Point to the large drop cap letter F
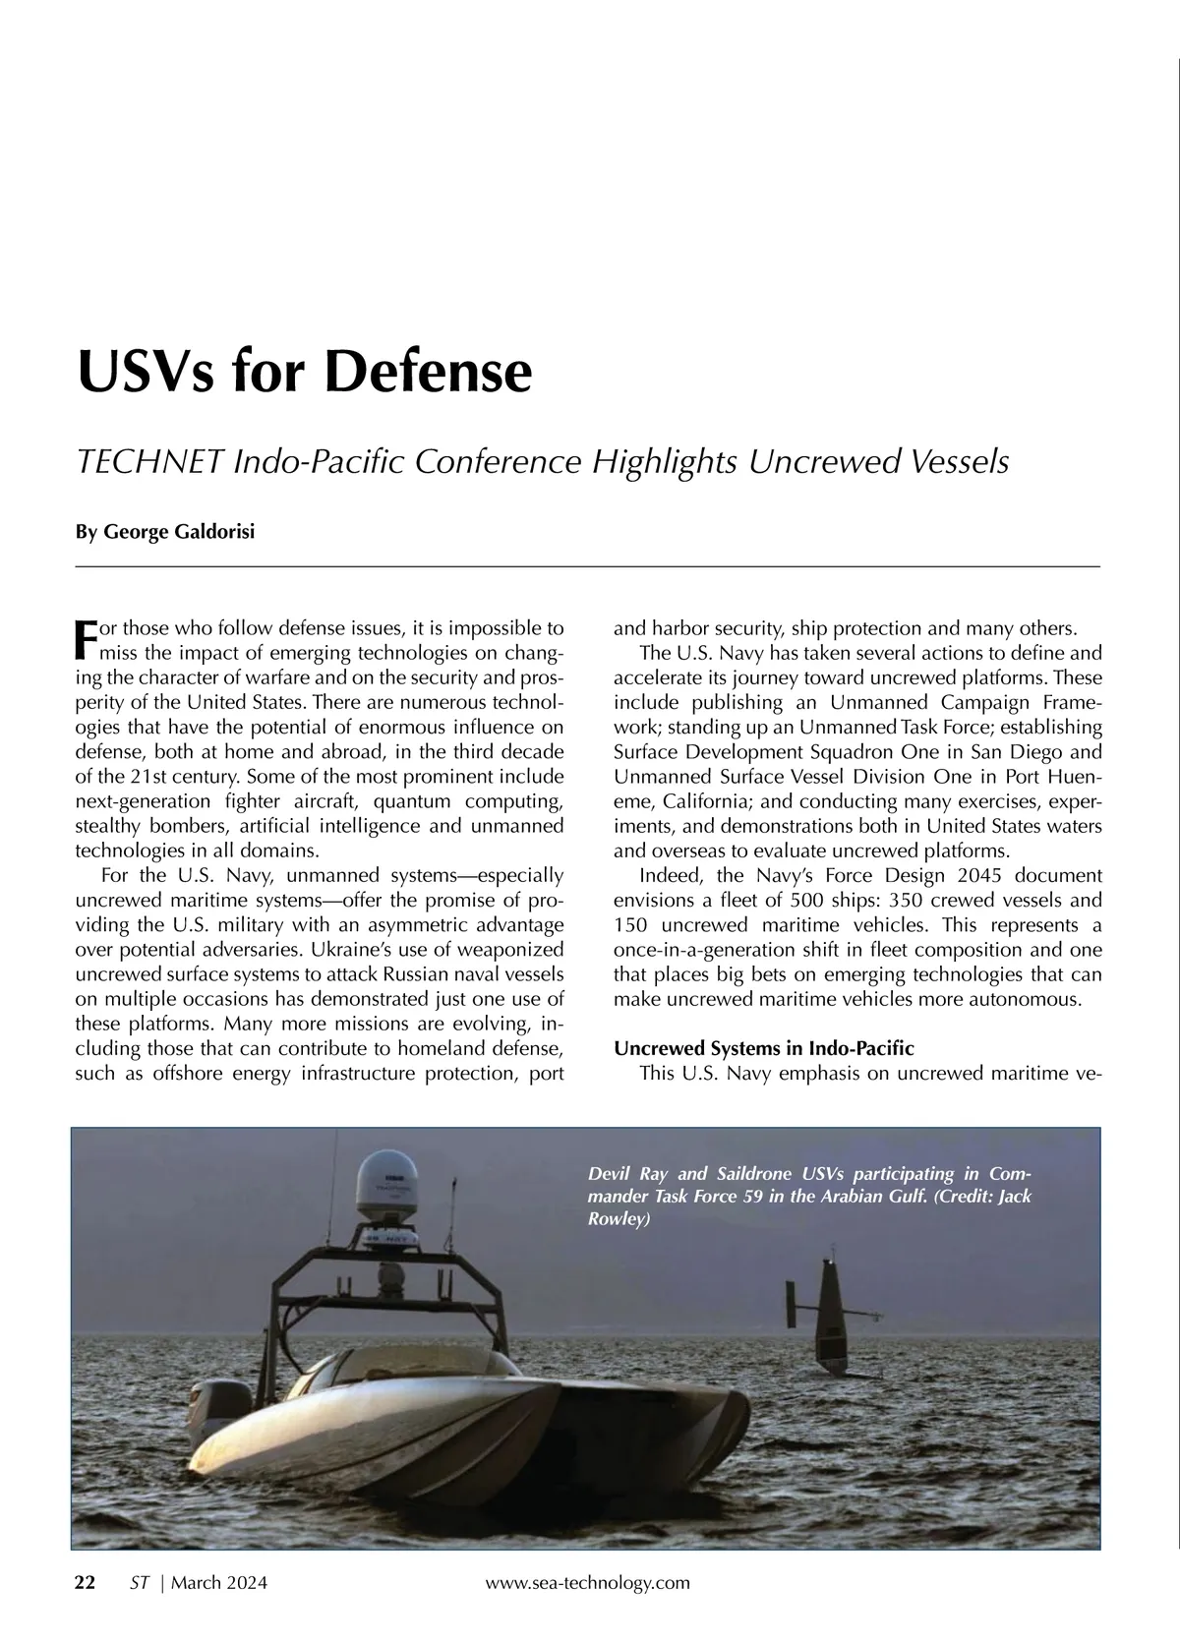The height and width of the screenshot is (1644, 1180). click(x=85, y=639)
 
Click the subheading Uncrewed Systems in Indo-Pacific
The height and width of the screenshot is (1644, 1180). click(x=763, y=1048)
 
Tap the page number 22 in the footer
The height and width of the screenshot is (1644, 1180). click(x=86, y=1583)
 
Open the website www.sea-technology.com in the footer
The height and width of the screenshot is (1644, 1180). click(x=588, y=1583)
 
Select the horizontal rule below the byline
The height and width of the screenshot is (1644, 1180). click(x=587, y=567)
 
